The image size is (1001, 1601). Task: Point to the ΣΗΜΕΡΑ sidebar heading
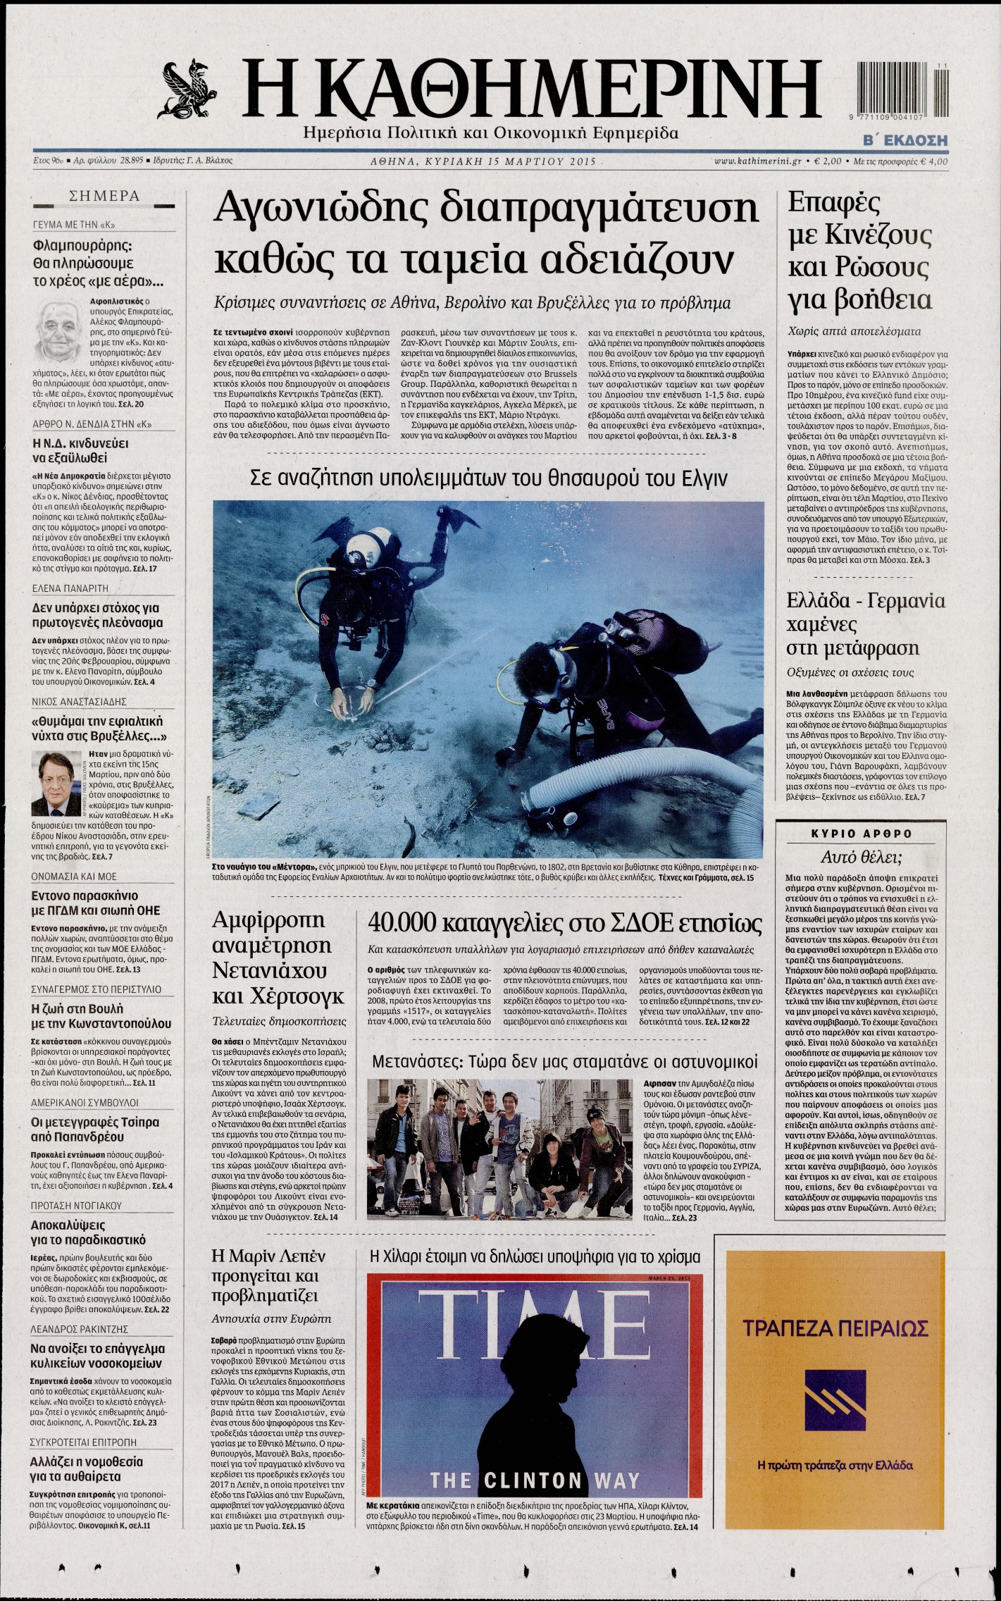[x=104, y=197]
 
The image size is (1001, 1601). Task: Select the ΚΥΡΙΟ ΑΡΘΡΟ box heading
[x=861, y=834]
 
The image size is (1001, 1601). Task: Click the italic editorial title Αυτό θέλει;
[x=861, y=857]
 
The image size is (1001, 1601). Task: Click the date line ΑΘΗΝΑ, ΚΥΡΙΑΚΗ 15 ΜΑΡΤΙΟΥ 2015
[x=483, y=161]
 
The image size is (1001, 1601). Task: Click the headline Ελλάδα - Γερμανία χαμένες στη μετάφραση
[x=865, y=624]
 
